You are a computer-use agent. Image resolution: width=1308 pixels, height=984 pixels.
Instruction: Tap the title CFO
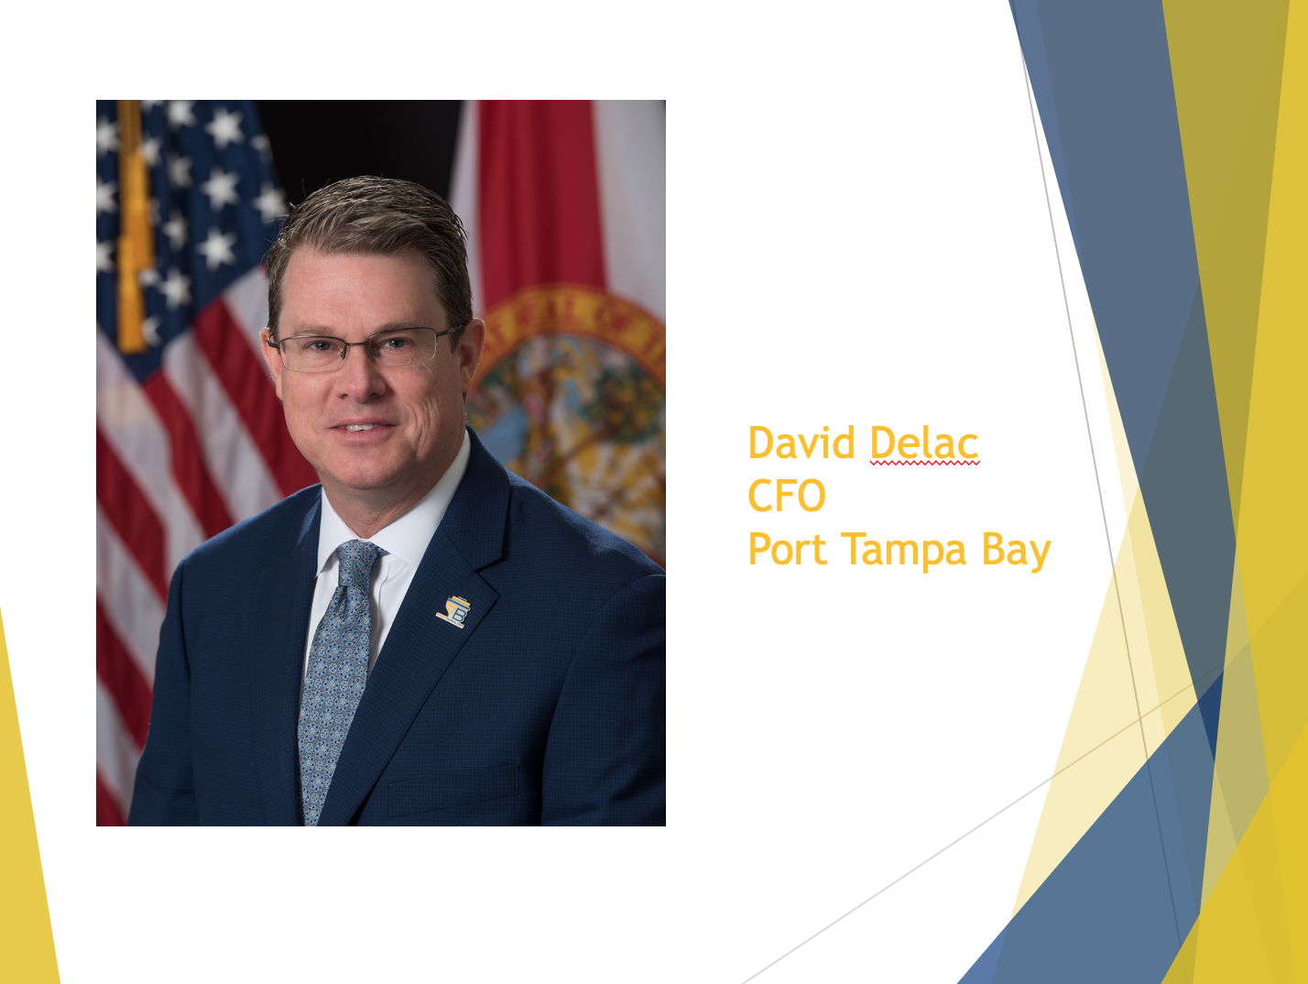(787, 496)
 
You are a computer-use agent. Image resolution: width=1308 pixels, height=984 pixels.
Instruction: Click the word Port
(787, 550)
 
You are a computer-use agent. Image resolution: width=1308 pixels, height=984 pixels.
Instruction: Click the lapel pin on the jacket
(454, 611)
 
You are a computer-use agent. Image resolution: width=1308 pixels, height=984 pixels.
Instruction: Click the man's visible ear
(473, 353)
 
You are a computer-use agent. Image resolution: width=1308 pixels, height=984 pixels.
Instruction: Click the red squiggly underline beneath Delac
(924, 465)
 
